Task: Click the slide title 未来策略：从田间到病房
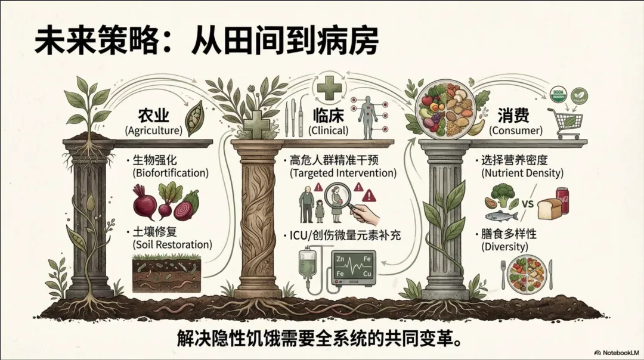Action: click(x=206, y=42)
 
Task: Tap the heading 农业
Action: click(x=153, y=114)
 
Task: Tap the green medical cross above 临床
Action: click(x=329, y=89)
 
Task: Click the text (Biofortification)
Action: click(x=166, y=173)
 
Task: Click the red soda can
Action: click(x=562, y=200)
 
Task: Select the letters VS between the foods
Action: click(x=527, y=203)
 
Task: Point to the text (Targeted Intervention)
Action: click(x=343, y=173)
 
